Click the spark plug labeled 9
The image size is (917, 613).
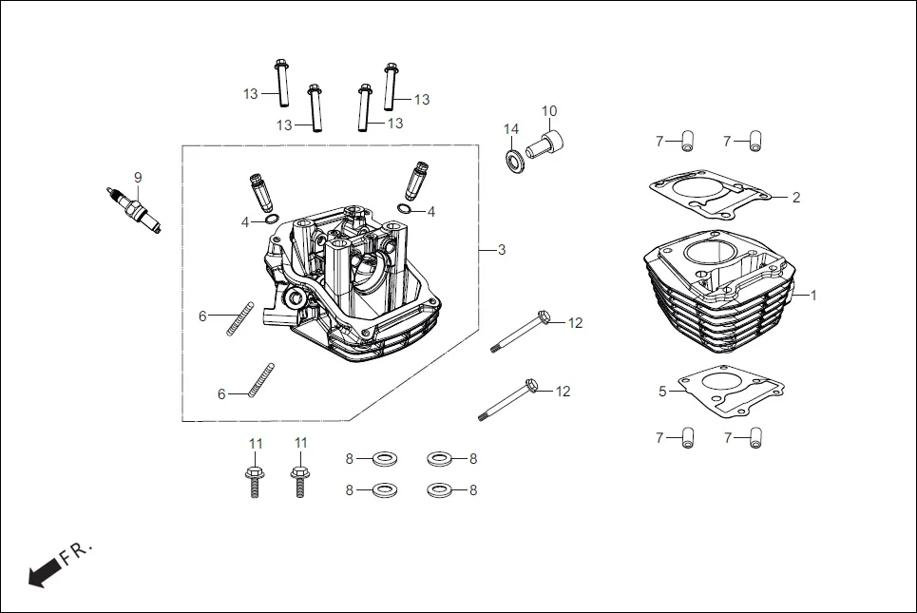(x=134, y=210)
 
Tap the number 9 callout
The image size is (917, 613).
(x=137, y=177)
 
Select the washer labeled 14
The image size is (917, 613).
(x=513, y=158)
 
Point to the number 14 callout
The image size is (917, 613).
(x=511, y=129)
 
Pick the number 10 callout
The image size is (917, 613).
(x=549, y=111)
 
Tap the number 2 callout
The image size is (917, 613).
(x=796, y=198)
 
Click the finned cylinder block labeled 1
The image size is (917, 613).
(x=717, y=295)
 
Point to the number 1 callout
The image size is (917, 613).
(x=812, y=296)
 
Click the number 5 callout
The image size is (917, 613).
(x=662, y=391)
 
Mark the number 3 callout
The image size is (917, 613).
(x=501, y=250)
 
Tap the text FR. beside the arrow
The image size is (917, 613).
(x=76, y=554)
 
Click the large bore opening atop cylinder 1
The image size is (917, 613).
(x=708, y=255)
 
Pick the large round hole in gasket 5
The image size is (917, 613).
(x=734, y=390)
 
